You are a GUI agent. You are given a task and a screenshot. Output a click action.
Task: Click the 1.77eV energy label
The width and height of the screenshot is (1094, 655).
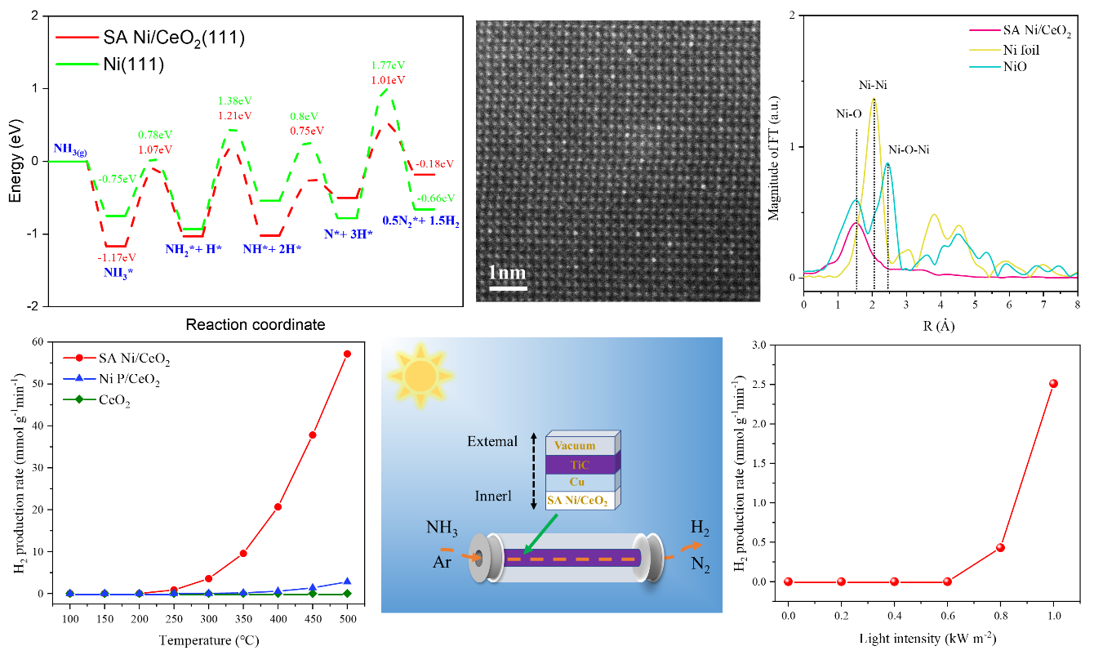click(x=389, y=65)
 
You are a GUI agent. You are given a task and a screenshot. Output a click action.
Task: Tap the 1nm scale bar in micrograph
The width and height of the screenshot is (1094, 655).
click(x=507, y=287)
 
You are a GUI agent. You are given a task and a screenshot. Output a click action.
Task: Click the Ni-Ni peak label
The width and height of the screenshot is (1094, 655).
click(x=874, y=85)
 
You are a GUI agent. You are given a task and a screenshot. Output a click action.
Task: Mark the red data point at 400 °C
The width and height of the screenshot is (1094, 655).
click(x=278, y=506)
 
